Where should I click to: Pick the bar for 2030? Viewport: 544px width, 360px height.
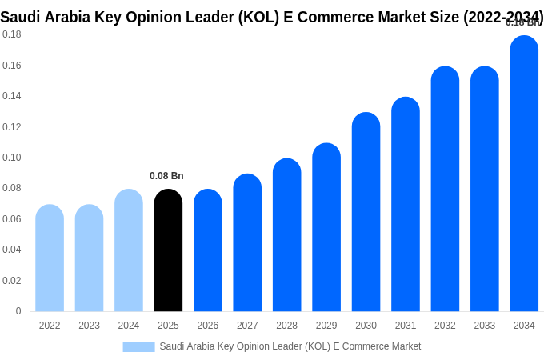pyautogui.click(x=366, y=212)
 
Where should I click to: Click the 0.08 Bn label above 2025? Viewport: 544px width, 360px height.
pyautogui.click(x=166, y=176)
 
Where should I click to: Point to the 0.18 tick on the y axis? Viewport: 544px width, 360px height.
pyautogui.click(x=12, y=34)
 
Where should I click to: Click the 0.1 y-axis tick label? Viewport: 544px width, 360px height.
pyautogui.click(x=12, y=158)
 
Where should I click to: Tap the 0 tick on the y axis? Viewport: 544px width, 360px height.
pyautogui.click(x=18, y=311)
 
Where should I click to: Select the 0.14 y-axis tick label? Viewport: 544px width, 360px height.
pyautogui.click(x=12, y=96)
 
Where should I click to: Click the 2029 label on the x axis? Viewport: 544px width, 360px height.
pyautogui.click(x=326, y=326)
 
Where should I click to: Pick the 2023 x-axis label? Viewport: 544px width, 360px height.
pyautogui.click(x=89, y=326)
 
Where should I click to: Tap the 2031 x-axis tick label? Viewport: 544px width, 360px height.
pyautogui.click(x=406, y=326)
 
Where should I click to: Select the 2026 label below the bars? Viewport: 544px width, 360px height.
pyautogui.click(x=208, y=326)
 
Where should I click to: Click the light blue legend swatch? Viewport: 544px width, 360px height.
pyautogui.click(x=138, y=347)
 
